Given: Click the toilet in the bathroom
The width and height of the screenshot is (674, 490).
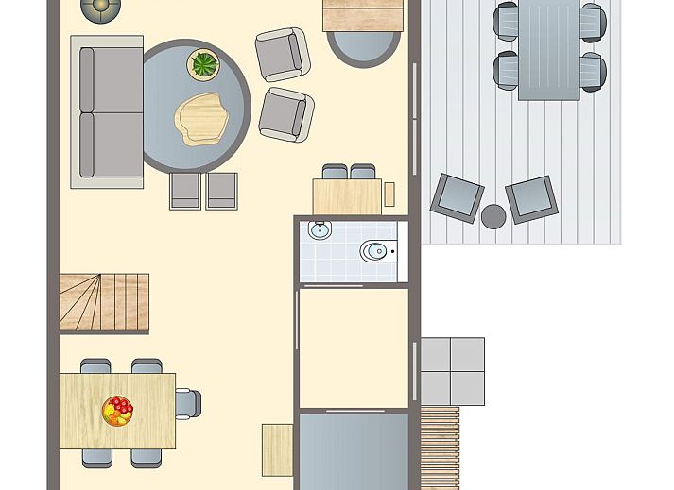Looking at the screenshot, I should click(374, 251).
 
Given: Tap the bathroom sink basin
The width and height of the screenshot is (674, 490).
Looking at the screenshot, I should click(319, 229).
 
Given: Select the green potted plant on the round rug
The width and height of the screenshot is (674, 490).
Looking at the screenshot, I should click(204, 65).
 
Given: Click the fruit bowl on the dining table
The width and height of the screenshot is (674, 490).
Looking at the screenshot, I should click(118, 411).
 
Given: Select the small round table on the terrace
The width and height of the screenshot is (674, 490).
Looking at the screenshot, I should click(493, 216).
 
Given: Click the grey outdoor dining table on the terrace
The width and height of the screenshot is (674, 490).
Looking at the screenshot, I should click(548, 49).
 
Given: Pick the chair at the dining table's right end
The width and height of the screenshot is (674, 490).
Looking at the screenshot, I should click(188, 404).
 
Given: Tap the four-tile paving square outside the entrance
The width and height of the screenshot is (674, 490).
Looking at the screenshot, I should click(452, 371).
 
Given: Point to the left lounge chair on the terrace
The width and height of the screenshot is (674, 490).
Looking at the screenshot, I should click(458, 196).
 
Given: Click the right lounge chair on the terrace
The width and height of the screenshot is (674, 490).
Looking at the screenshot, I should click(531, 197).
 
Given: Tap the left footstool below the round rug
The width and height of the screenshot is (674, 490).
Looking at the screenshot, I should click(185, 191).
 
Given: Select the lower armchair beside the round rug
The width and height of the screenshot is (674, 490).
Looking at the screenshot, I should click(285, 114).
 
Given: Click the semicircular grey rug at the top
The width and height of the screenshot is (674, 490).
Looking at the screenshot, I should click(363, 47).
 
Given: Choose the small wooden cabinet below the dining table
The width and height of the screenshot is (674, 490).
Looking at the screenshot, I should click(277, 449).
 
